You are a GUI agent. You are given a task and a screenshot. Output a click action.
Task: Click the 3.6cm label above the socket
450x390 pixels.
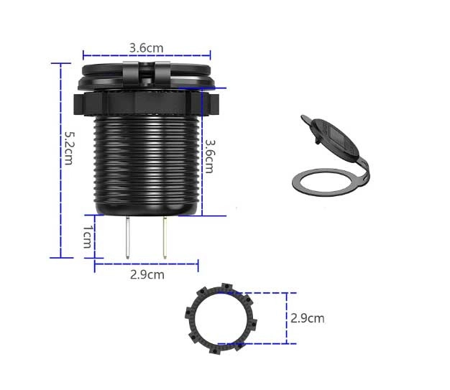147,48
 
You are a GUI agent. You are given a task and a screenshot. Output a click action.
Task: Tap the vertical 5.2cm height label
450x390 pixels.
69,148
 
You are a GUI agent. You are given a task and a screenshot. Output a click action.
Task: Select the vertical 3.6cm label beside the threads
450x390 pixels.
210,157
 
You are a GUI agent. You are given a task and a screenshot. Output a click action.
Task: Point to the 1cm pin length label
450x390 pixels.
88,236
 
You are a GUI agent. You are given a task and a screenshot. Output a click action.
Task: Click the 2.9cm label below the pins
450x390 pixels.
147,274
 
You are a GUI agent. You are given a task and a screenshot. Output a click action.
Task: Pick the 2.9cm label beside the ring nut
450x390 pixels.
308,318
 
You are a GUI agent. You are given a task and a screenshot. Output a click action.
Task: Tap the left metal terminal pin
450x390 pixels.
128,238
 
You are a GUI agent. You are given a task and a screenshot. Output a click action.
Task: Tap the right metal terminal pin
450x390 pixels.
165,238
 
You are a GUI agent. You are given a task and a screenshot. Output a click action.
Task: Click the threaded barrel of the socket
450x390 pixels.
147,164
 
